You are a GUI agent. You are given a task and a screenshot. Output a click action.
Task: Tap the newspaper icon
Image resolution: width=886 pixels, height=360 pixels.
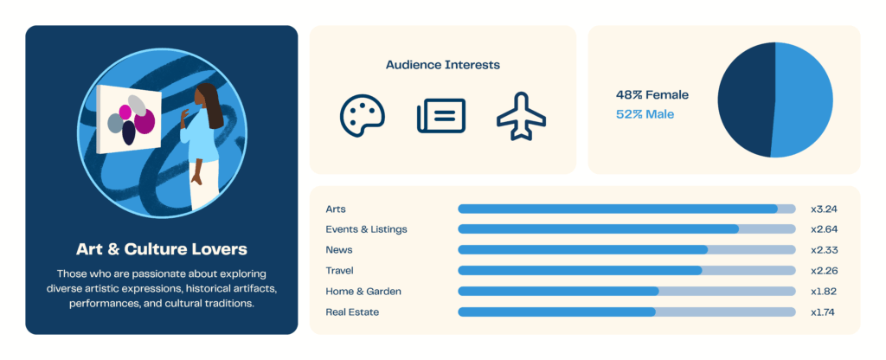coord(440,116)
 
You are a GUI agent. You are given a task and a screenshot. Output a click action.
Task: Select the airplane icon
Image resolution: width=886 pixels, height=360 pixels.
coord(521,116)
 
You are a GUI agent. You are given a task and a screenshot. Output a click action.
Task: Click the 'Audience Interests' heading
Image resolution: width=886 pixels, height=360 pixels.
coord(442,65)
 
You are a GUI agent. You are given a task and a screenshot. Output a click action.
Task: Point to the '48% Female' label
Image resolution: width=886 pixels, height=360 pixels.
coord(652,95)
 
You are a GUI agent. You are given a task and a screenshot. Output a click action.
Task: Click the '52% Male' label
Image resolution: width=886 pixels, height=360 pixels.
coord(645,114)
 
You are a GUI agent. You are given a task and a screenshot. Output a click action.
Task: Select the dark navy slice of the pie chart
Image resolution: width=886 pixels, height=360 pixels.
coord(744,100)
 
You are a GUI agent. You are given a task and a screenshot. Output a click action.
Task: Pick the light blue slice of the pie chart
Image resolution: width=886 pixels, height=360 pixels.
coord(805,100)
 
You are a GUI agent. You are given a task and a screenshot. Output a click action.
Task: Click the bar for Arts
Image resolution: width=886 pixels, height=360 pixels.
coord(617,209)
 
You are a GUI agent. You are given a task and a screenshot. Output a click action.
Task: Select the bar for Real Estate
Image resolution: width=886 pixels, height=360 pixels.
coord(556,312)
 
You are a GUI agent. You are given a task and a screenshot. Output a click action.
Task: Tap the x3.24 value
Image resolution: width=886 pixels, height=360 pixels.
coord(824,209)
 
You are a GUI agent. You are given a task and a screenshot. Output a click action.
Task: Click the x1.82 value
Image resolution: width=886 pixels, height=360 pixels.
coord(824,292)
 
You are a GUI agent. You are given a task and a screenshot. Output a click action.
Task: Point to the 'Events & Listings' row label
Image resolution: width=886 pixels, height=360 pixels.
coord(366,229)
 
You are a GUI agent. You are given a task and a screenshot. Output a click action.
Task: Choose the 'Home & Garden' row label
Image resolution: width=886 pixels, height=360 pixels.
coord(363,292)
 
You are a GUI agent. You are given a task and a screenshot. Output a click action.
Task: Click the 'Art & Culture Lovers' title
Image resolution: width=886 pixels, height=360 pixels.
coord(161,249)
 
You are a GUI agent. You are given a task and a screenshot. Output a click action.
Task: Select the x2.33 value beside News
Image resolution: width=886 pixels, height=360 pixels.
coord(824,250)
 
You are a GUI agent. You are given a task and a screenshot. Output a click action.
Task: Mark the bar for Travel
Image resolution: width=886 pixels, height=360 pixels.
coord(580,271)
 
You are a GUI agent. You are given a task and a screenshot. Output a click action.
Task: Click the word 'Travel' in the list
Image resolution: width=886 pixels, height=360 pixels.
coord(339,271)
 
